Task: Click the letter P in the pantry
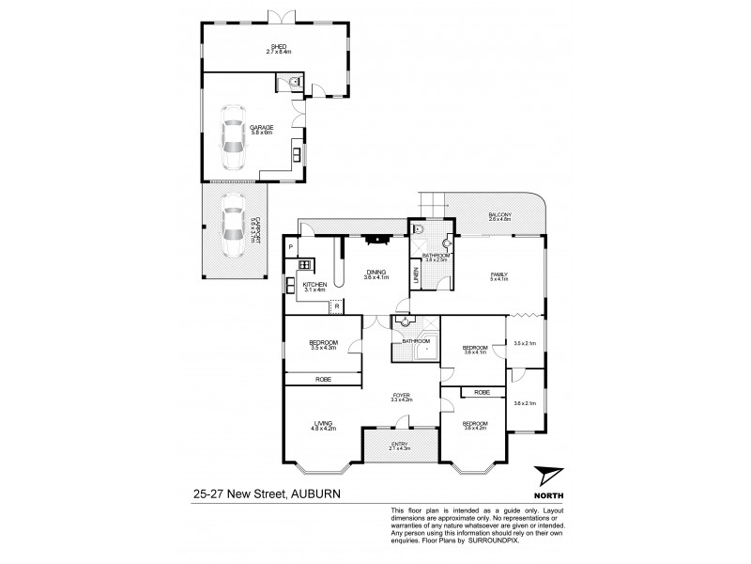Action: [292, 246]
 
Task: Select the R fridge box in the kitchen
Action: [335, 304]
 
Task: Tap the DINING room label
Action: [375, 272]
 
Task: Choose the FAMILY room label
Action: [498, 274]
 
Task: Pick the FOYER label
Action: [402, 396]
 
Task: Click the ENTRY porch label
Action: [401, 445]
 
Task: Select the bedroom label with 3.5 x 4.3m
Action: [323, 343]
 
